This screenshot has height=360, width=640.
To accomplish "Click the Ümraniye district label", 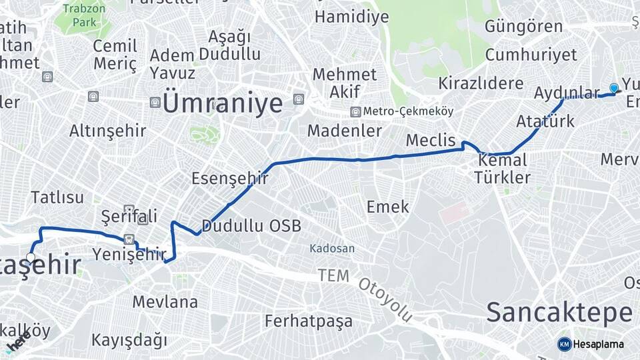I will tap(223, 103).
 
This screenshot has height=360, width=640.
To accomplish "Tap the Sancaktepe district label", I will tap(559, 312).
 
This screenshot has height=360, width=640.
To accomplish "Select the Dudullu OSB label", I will tap(251, 226).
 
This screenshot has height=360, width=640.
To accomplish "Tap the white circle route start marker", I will tap(31, 257).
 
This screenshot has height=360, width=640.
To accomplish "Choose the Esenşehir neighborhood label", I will tap(230, 179).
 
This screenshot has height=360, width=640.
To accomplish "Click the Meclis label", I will tap(431, 141).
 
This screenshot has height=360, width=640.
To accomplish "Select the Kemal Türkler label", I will tap(501, 169).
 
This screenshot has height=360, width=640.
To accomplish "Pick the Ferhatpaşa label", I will tap(309, 321).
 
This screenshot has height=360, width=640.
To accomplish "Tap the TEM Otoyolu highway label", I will tap(365, 291).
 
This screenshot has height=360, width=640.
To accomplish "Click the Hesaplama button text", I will tap(599, 344).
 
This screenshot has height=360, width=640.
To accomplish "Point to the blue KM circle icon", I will tap(564, 344).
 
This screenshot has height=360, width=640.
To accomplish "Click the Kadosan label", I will tap(332, 249).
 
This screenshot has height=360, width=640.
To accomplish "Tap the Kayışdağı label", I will tap(129, 340).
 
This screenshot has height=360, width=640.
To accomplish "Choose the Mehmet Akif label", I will tap(345, 83).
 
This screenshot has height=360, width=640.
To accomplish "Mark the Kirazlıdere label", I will tap(481, 84).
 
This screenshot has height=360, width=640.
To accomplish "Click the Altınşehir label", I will tap(107, 131).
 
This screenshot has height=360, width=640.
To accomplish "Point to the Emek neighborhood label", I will tap(388, 207).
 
